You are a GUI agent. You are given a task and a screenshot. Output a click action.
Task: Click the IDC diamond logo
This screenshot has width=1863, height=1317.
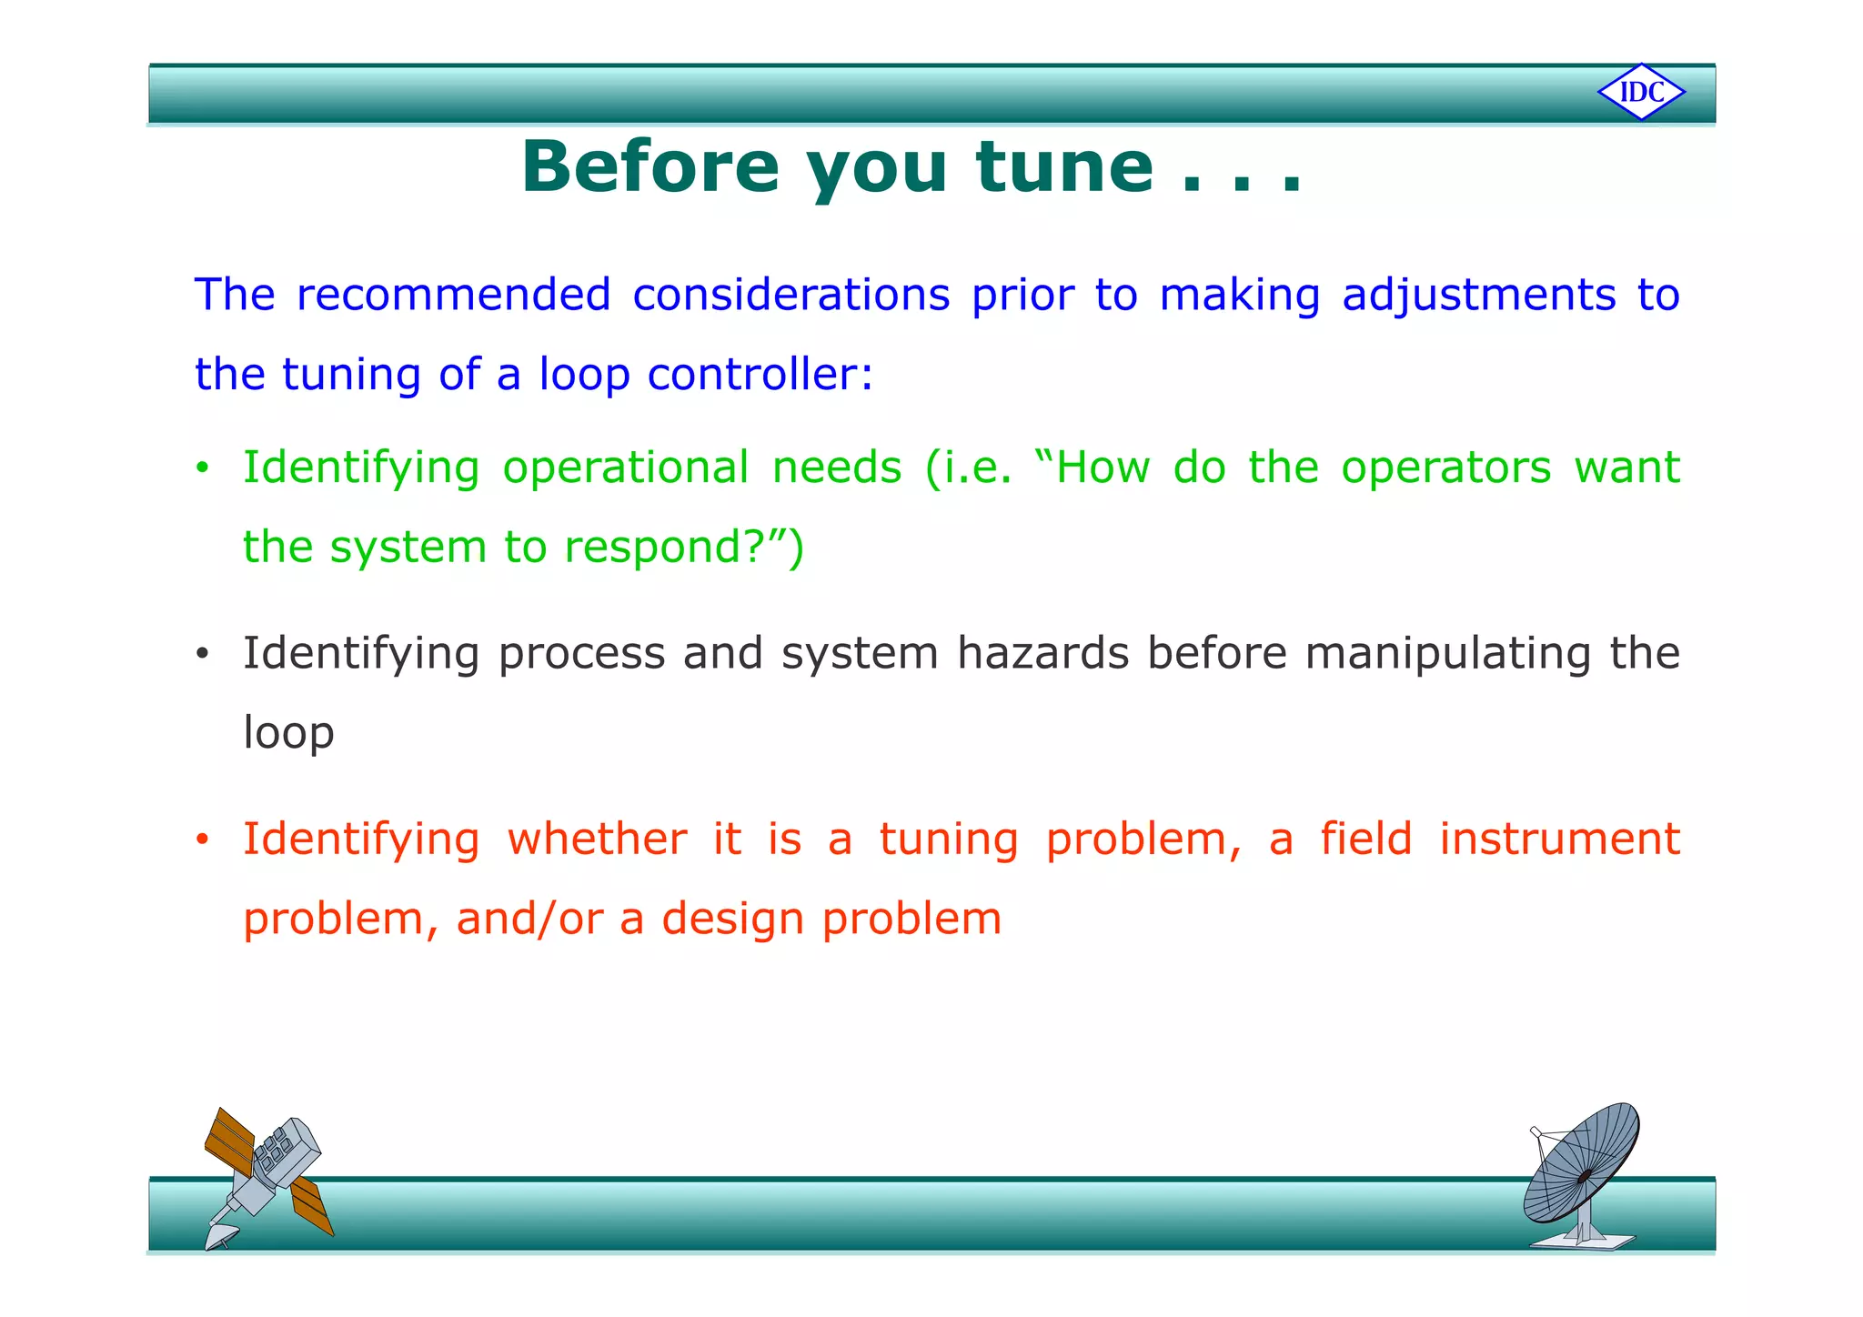tap(1641, 92)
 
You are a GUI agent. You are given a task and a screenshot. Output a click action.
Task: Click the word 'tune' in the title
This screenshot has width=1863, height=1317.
tap(1064, 167)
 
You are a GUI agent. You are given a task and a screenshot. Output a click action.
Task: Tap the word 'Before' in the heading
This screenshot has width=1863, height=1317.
tap(650, 167)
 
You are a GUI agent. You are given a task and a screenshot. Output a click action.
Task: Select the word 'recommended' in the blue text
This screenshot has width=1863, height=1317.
tap(453, 296)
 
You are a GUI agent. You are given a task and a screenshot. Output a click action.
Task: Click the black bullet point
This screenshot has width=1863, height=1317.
tap(202, 655)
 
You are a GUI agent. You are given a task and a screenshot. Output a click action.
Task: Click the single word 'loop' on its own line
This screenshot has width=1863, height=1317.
tap(288, 734)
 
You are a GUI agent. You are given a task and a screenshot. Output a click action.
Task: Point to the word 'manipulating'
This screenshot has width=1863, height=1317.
tap(1446, 655)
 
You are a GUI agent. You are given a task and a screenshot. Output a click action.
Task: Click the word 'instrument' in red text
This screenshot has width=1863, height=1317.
tap(1559, 839)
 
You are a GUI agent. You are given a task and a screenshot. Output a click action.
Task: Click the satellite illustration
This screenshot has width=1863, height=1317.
tap(267, 1177)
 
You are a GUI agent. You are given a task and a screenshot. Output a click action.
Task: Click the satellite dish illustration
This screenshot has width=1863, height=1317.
tap(1582, 1175)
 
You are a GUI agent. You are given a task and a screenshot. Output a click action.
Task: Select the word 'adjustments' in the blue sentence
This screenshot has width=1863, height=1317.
tap(1478, 296)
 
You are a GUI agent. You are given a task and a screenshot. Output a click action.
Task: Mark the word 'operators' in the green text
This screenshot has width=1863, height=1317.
tap(1445, 468)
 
